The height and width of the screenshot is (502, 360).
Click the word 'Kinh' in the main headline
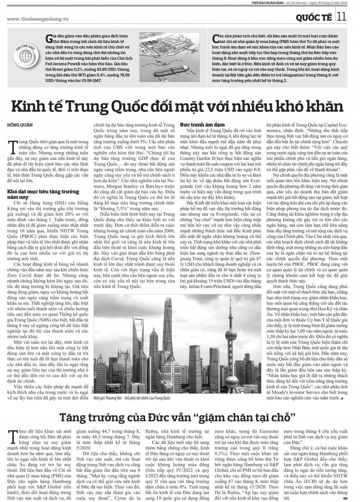(28, 107)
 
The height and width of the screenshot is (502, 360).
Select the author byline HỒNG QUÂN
(20, 125)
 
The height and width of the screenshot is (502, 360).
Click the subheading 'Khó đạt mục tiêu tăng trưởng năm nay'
(43, 194)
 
